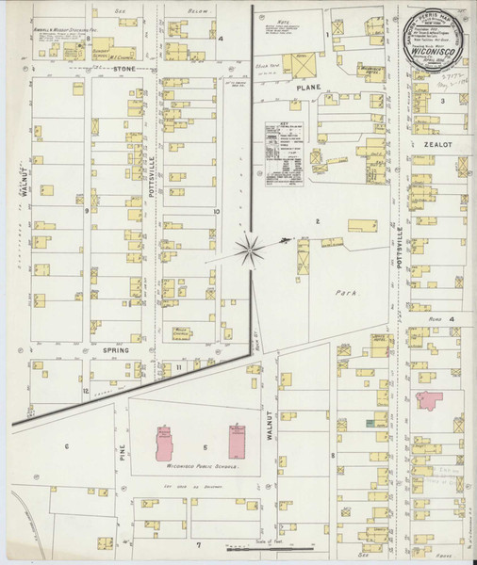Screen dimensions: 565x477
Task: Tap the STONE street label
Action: pos(124,69)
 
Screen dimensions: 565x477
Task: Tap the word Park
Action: pos(344,293)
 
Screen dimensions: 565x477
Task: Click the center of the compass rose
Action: pos(250,249)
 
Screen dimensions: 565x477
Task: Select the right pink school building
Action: pos(236,439)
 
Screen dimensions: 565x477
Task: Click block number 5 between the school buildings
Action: pos(204,447)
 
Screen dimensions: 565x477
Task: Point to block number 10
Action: pos(216,212)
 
